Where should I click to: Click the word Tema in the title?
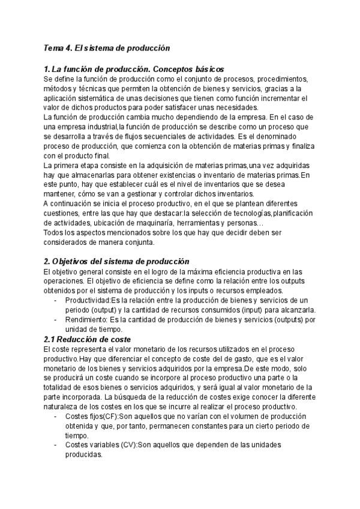tap(55, 47)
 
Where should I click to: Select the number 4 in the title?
tap(70, 47)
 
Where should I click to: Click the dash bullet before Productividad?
tap(56, 300)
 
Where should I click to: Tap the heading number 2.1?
tap(52, 339)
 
